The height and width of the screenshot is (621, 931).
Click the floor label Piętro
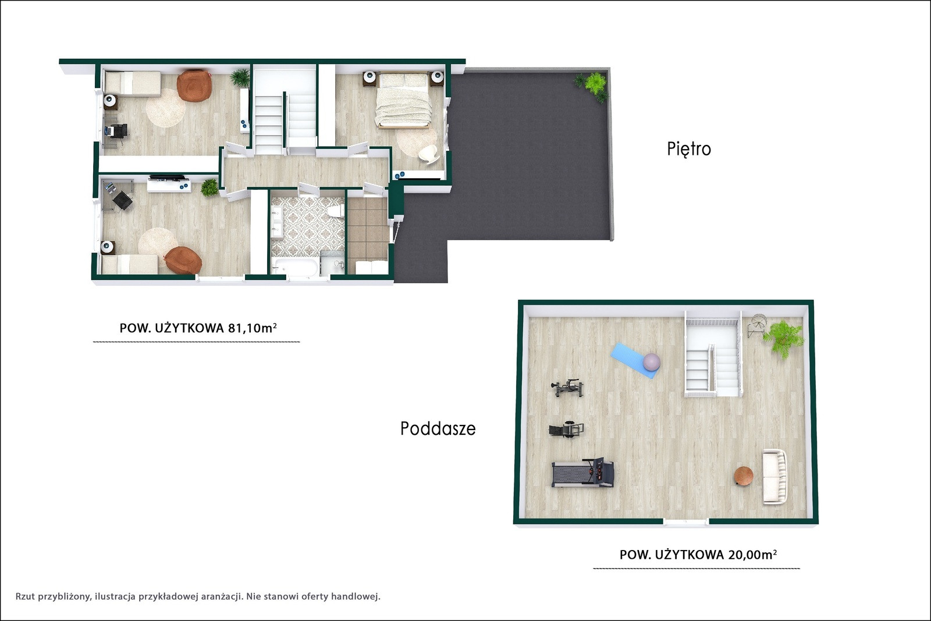[x=689, y=149]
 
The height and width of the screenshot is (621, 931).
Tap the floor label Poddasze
[x=438, y=428]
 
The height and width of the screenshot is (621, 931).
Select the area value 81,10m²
[x=253, y=328]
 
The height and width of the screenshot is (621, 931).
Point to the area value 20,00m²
[x=753, y=555]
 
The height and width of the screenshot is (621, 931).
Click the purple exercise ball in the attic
[x=651, y=362]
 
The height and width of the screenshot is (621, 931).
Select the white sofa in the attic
[x=774, y=477]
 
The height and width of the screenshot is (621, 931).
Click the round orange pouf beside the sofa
[x=744, y=475]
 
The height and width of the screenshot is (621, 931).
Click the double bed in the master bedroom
[x=403, y=100]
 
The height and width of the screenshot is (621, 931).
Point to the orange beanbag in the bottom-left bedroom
[x=183, y=260]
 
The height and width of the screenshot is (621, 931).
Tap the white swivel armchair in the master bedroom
[x=428, y=154]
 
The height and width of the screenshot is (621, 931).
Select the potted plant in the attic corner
[x=783, y=338]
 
